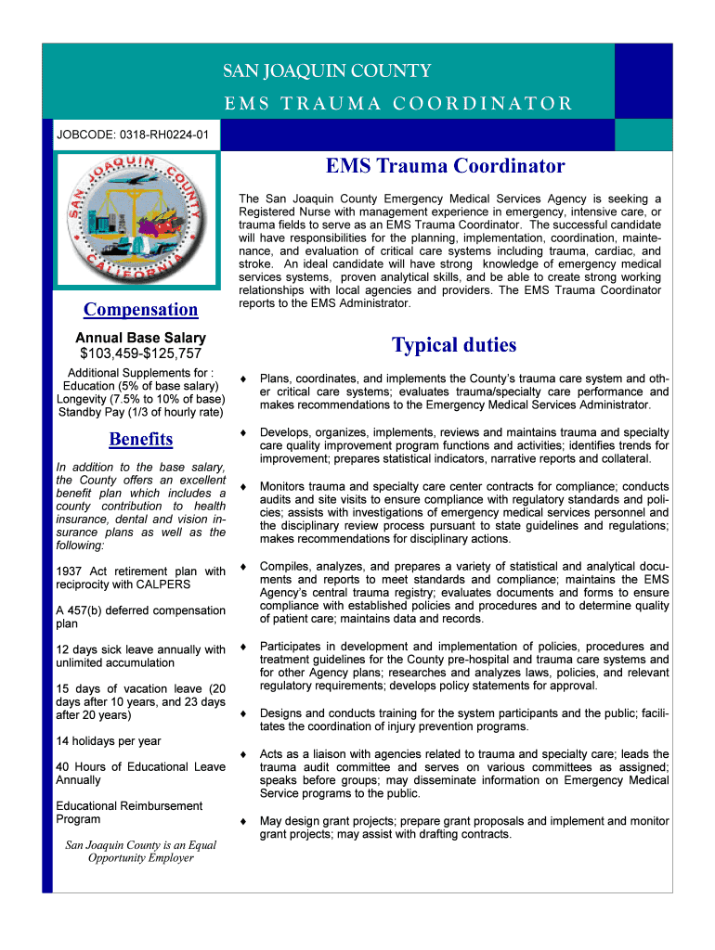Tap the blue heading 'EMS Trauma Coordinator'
pos(445,166)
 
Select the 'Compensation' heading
pos(140,309)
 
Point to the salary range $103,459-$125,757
pos(140,353)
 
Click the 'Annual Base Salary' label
pos(140,338)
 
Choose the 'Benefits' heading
pos(140,438)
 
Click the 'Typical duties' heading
pos(453,345)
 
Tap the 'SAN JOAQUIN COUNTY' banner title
pos(326,71)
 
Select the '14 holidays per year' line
pos(109,741)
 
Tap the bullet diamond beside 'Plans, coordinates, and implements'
pos(242,379)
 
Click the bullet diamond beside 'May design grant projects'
pos(242,821)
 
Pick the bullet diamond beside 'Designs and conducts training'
pos(242,713)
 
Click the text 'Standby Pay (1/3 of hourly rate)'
pos(140,412)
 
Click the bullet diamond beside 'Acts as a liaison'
pos(242,753)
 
